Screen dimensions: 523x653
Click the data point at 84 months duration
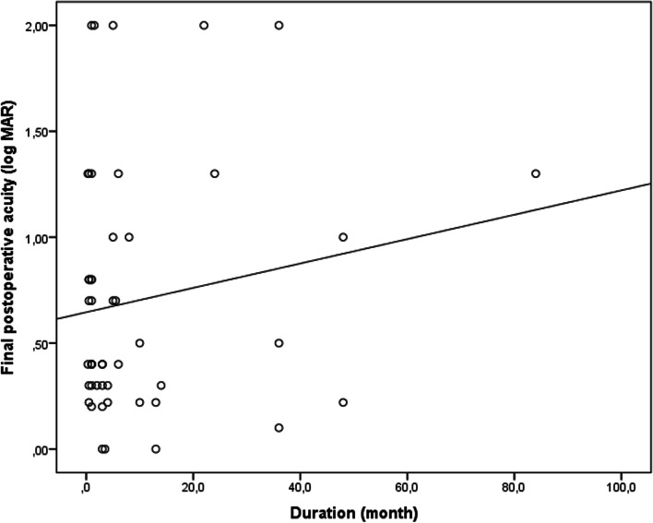535,173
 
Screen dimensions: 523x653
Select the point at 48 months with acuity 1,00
343,237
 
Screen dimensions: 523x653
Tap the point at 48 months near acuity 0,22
343,402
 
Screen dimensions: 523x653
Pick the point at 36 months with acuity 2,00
279,25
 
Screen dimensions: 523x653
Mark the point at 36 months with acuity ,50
279,343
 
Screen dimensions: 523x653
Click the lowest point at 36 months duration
279,428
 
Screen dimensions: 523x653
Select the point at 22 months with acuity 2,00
204,25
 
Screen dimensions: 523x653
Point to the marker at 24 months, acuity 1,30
215,173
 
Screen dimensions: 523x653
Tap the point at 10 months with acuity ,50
139,343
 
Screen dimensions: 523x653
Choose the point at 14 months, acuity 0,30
161,386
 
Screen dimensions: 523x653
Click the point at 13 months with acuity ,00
156,449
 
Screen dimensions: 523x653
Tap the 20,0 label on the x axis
193,481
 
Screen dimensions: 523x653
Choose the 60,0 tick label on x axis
407,481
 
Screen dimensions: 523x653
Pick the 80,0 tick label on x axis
514,481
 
